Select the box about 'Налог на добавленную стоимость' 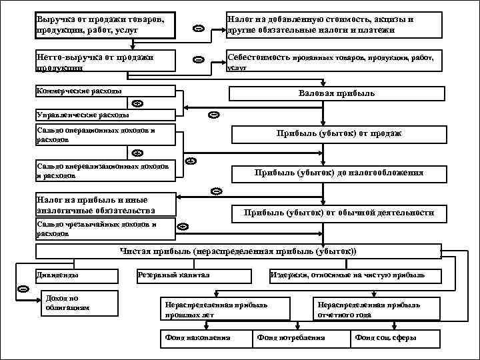click(333, 25)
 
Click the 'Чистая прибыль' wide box click(238, 251)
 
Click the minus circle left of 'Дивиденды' click(22, 289)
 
